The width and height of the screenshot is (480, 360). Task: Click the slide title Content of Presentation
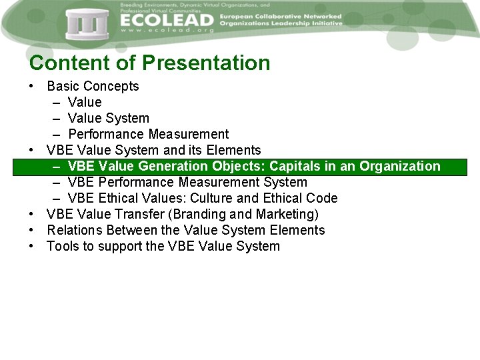150,63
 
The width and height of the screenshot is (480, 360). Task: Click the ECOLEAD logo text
167,20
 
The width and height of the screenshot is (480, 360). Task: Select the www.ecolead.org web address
167,31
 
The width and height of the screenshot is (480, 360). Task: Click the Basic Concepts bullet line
93,86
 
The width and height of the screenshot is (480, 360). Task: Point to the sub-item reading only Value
85,102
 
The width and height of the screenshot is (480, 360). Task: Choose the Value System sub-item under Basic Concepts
108,118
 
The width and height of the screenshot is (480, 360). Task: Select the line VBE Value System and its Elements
153,150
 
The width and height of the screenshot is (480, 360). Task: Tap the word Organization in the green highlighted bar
400,166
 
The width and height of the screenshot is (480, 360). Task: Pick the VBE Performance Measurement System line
187,182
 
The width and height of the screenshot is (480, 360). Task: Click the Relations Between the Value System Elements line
185,230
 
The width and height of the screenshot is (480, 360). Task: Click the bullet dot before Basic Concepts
32,87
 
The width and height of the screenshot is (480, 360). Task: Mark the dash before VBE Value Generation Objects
56,166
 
